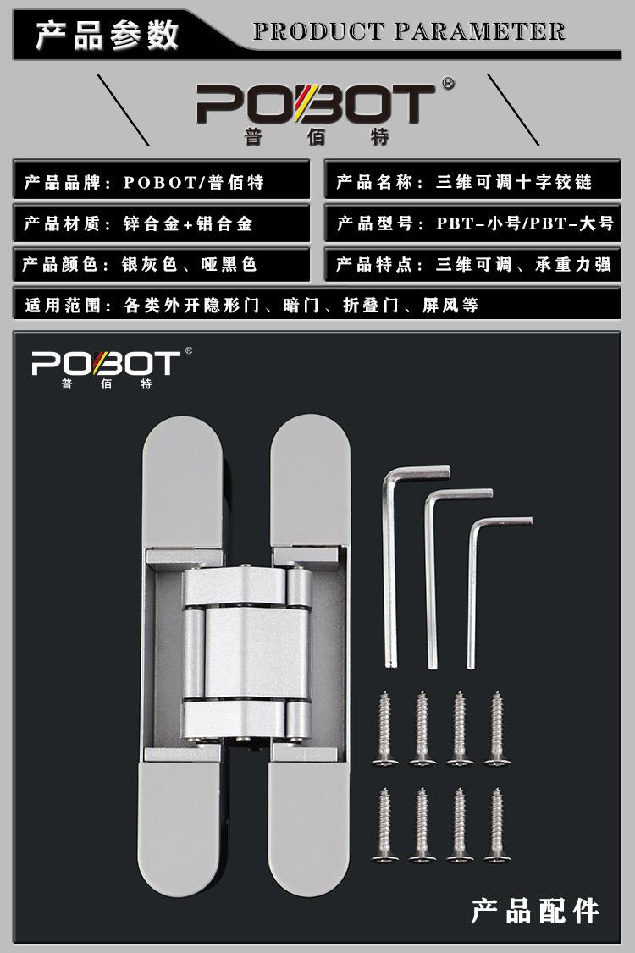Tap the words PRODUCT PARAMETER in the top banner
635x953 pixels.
click(x=409, y=33)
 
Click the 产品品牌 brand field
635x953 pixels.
click(x=161, y=182)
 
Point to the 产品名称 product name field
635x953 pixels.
click(x=472, y=182)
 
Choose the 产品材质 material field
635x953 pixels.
click(x=161, y=223)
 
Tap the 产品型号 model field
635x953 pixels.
click(x=472, y=223)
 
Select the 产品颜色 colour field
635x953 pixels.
click(x=161, y=265)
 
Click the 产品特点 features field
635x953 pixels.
click(x=472, y=265)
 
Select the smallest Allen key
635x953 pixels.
click(x=476, y=584)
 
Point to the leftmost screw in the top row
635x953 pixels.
click(x=384, y=729)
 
